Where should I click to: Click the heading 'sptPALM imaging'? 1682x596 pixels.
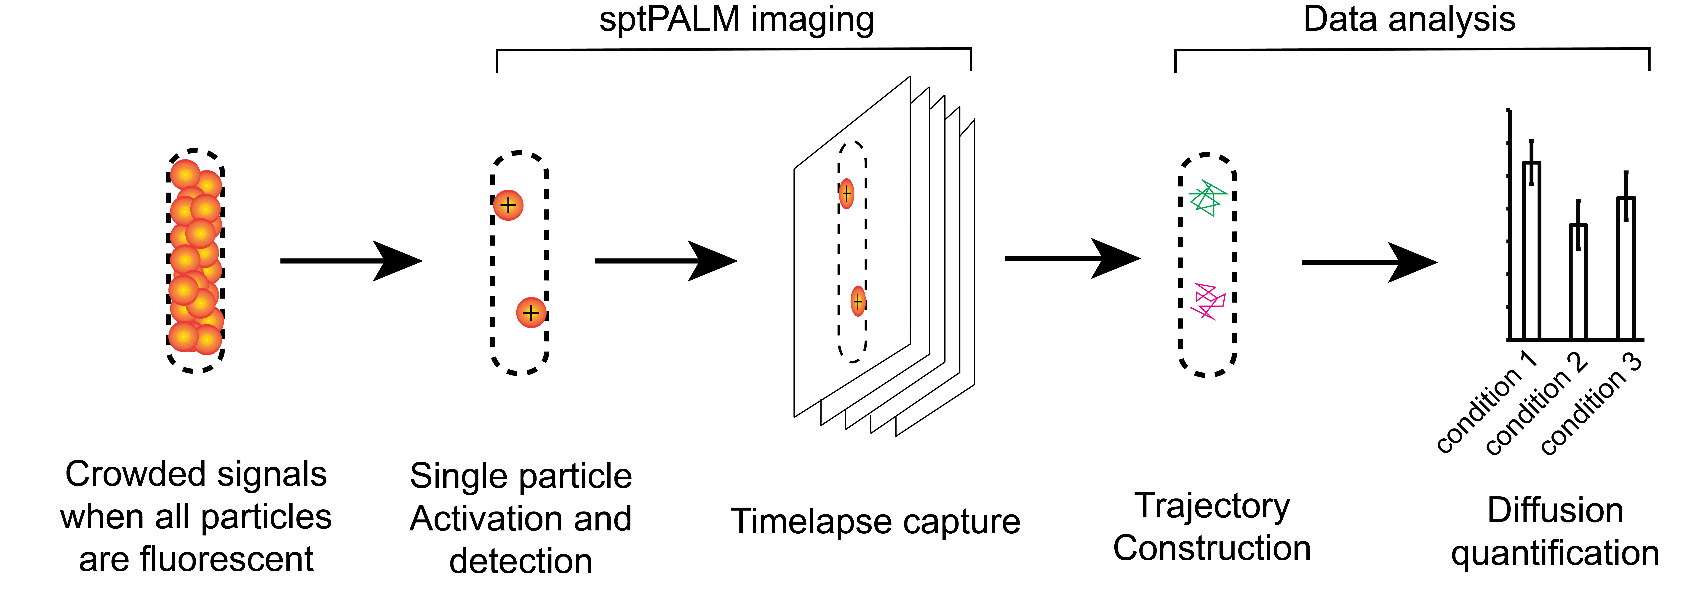pos(737,20)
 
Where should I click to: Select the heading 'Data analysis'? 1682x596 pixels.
pos(1409,20)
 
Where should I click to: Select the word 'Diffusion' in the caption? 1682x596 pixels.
pos(1555,511)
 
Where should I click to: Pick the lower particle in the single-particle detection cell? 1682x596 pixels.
pos(531,313)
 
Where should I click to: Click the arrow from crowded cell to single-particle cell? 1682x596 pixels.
pos(351,261)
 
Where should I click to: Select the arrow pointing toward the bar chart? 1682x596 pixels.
pos(1370,262)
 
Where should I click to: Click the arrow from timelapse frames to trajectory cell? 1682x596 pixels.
pos(1073,259)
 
